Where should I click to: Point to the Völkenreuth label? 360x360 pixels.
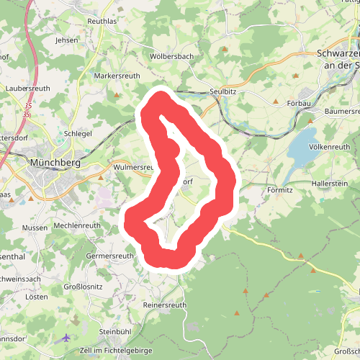[x=330, y=147]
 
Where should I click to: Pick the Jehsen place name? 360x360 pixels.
[x=66, y=40]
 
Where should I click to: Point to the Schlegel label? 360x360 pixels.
[x=78, y=134]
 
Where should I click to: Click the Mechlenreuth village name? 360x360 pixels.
[x=77, y=225]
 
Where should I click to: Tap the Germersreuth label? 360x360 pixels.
[x=109, y=256]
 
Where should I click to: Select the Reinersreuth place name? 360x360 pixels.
[x=165, y=305]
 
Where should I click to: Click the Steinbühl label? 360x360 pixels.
[x=115, y=331]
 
